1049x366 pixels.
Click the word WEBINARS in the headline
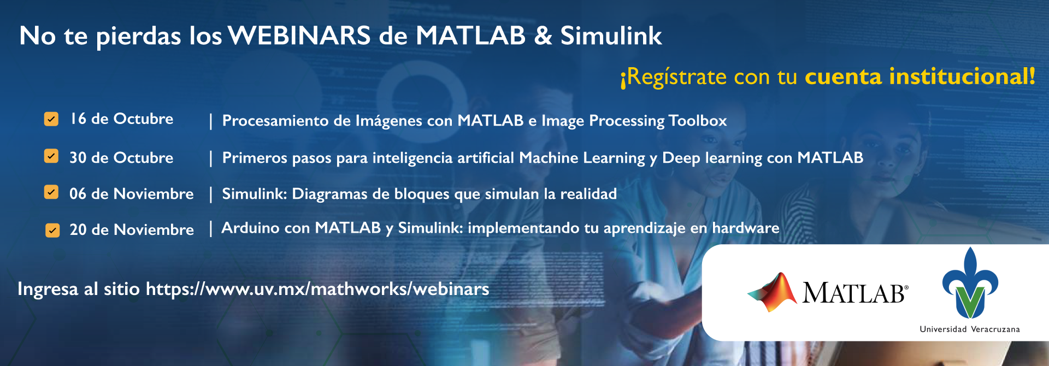(299, 36)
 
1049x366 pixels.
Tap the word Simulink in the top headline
(611, 36)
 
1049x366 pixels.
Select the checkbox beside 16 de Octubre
(51, 119)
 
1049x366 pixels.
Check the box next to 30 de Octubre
(51, 156)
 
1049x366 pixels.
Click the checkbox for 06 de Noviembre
(51, 192)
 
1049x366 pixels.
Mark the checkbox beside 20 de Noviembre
(52, 230)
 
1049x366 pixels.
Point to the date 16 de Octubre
(121, 119)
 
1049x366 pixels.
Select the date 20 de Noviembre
(132, 229)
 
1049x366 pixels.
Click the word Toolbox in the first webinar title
(698, 120)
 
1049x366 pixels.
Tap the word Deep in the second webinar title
(681, 158)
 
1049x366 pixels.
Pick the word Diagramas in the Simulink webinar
(329, 194)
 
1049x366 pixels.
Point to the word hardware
(746, 228)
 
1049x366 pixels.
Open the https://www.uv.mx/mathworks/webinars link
(317, 289)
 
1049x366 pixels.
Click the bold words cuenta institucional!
(920, 76)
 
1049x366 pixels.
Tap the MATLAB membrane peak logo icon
(773, 292)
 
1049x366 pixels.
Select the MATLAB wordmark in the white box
(855, 293)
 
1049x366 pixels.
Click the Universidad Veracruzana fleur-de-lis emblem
(970, 283)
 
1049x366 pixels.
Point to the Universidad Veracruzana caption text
(970, 329)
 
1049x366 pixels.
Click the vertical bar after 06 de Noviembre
(210, 194)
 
